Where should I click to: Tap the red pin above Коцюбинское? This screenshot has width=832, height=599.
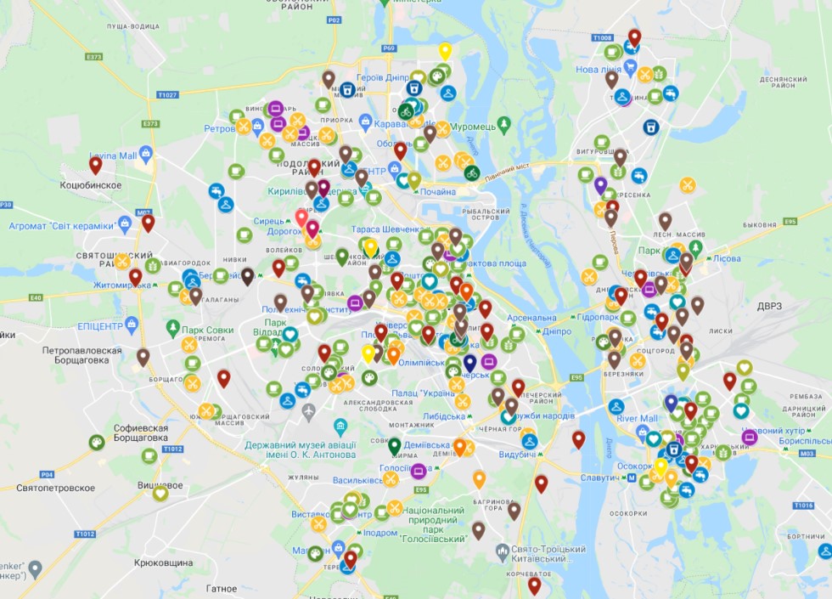tap(95, 165)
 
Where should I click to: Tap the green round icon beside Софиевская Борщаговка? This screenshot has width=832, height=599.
tap(97, 442)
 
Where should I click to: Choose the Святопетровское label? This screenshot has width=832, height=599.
tap(55, 488)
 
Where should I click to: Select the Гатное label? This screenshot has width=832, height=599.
tap(222, 588)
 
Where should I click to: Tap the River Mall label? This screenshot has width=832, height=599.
tap(637, 419)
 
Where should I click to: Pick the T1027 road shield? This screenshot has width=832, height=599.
tap(167, 95)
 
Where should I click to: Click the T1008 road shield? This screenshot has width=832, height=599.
tap(602, 38)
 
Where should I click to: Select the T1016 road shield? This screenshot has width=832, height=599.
tap(803, 506)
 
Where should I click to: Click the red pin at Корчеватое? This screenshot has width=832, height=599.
tap(534, 585)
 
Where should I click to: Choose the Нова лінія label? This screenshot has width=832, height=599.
tap(599, 69)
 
